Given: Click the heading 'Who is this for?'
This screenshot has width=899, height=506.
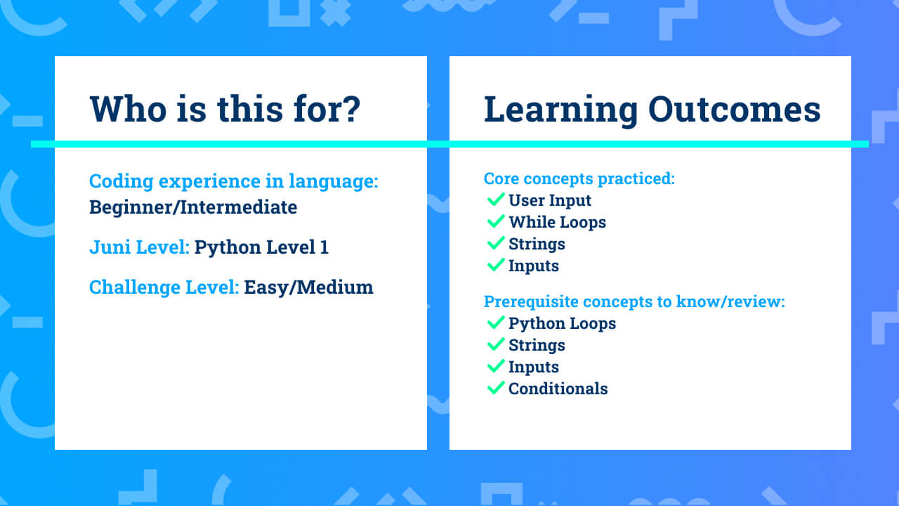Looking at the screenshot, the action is [x=225, y=109].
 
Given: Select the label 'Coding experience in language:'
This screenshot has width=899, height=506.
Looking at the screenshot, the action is [x=234, y=181].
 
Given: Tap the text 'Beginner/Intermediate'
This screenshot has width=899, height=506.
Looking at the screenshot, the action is [x=193, y=207].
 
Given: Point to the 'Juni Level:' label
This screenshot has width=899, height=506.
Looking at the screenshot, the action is [x=139, y=247].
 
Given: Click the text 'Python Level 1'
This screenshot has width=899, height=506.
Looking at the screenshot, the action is [x=261, y=247].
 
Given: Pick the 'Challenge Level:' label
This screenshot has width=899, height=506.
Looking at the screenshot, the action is [x=164, y=287].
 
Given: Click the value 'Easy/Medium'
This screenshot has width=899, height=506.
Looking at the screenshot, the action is [x=308, y=287].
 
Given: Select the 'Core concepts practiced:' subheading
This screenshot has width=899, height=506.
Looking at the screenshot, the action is [x=579, y=179].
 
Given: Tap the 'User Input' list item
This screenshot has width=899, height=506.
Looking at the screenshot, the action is [x=550, y=200].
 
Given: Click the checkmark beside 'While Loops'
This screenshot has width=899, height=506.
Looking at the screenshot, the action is [x=496, y=221].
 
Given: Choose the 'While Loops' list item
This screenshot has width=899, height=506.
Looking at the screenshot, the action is [x=558, y=221].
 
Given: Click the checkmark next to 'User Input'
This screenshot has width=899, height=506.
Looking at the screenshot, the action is [x=496, y=200].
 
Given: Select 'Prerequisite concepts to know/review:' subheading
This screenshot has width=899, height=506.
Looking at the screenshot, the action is [x=634, y=301].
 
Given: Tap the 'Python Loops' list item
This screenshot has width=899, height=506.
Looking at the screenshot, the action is [x=563, y=323].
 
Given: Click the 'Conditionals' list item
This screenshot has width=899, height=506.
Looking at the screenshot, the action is [x=558, y=389].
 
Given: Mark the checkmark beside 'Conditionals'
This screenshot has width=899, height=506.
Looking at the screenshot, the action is [x=496, y=387].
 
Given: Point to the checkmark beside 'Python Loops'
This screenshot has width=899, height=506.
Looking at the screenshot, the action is [x=496, y=323].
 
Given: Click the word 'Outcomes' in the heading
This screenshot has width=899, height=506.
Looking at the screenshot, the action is [x=735, y=109].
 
